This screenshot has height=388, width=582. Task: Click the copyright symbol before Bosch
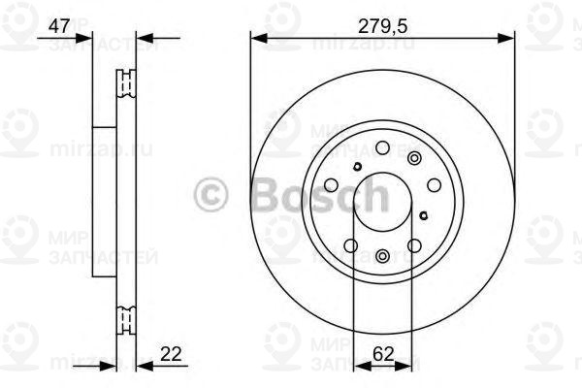tap(211, 193)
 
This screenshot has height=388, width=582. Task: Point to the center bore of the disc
tap(382, 201)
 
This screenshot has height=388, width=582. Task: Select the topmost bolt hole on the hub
tap(382, 147)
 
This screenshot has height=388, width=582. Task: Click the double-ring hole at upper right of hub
tap(415, 159)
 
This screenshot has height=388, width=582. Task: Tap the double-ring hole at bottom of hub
tap(382, 255)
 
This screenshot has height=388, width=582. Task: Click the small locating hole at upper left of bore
tap(359, 167)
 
